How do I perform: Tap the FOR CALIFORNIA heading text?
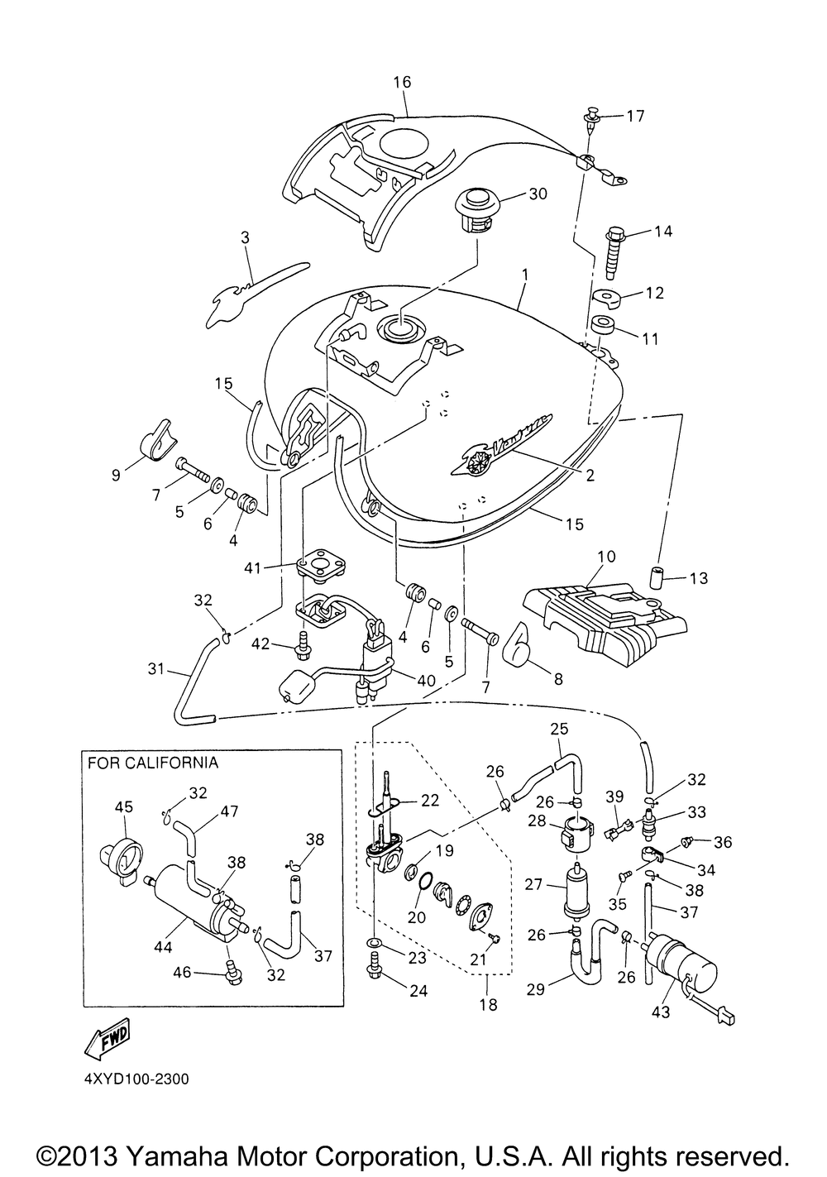[x=153, y=763]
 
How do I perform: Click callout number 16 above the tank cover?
[x=402, y=82]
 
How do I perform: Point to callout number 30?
[x=538, y=194]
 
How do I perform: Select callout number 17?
[x=634, y=116]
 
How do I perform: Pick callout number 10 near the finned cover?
[x=606, y=556]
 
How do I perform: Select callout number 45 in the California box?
[x=123, y=806]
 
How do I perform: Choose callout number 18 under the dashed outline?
[x=489, y=1005]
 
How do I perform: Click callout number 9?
[x=116, y=475]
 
